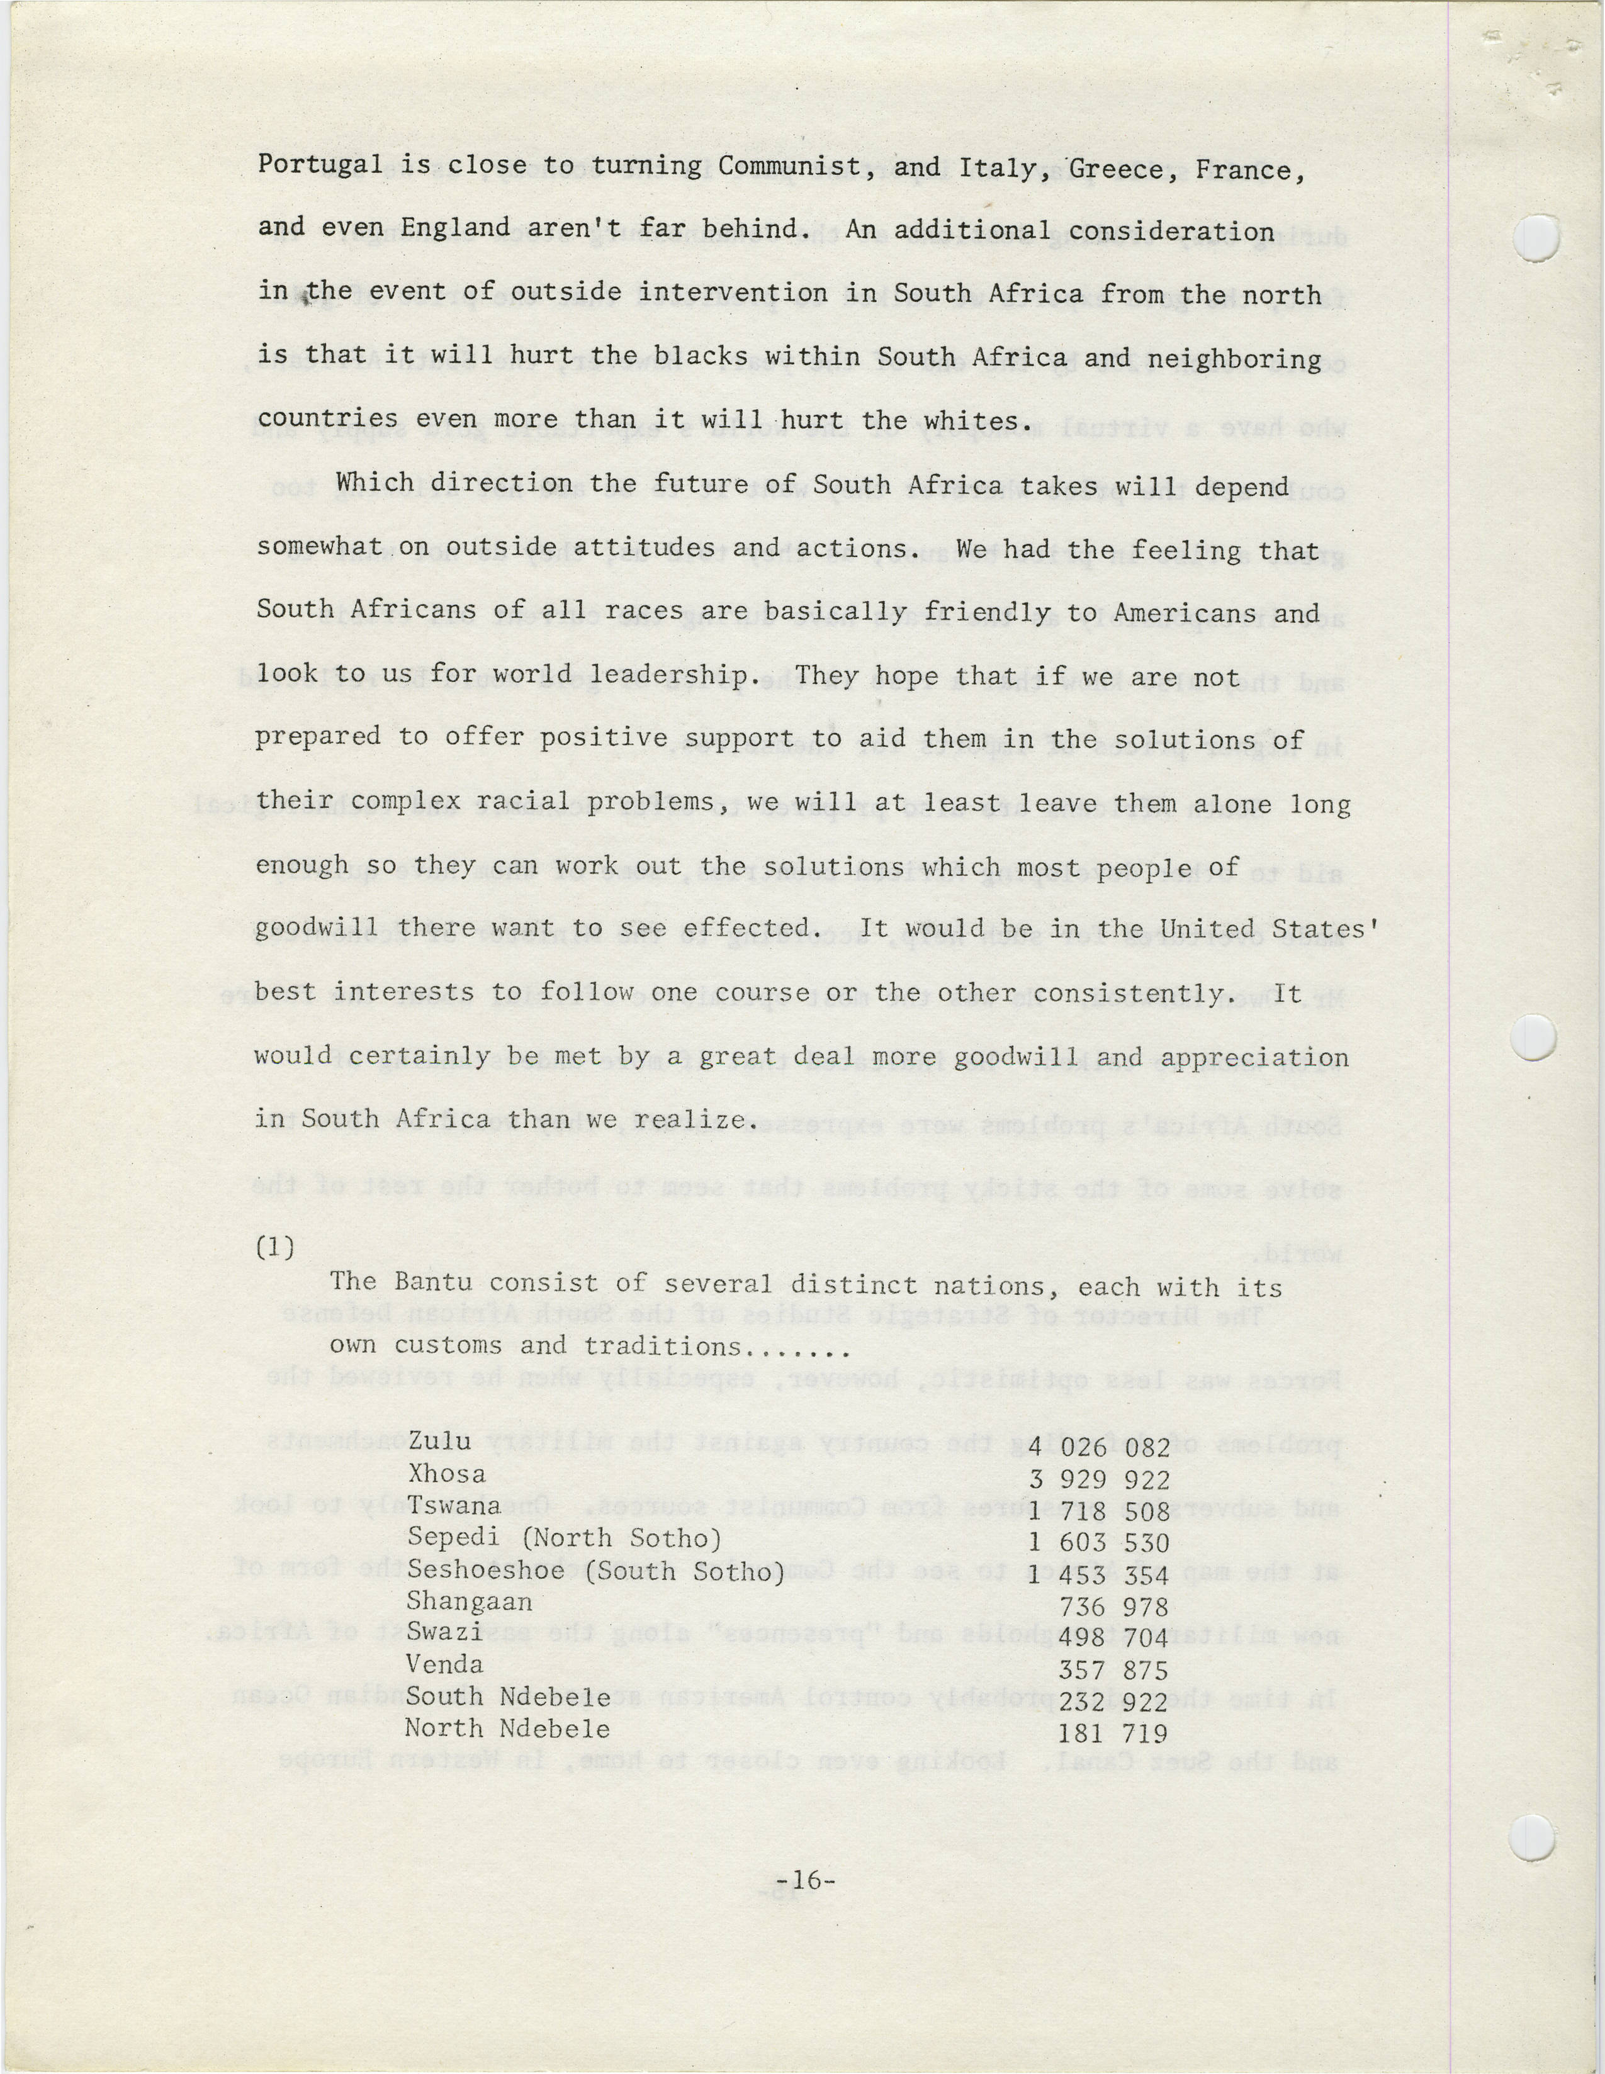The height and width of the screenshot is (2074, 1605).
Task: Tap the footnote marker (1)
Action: pos(276,1247)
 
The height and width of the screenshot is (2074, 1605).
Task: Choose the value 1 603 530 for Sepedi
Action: pos(1099,1542)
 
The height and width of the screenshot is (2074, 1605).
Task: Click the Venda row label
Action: pos(444,1665)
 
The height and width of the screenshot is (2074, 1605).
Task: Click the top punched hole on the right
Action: pos(1536,237)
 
